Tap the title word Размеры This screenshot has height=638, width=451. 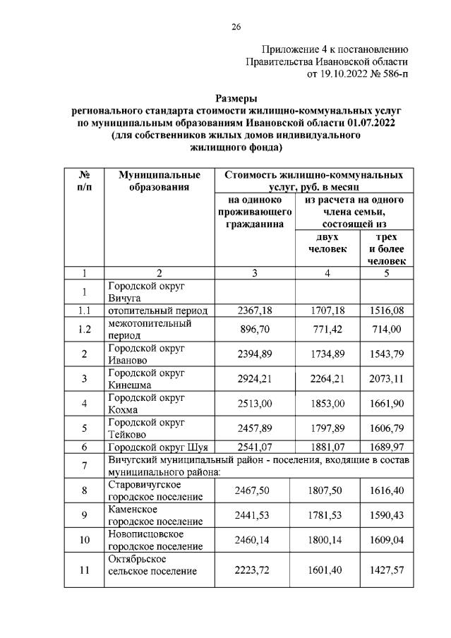coord(236,98)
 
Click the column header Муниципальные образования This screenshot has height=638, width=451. coord(160,181)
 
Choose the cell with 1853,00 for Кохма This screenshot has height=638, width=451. coord(328,404)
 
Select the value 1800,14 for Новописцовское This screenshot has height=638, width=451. coord(328,541)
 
